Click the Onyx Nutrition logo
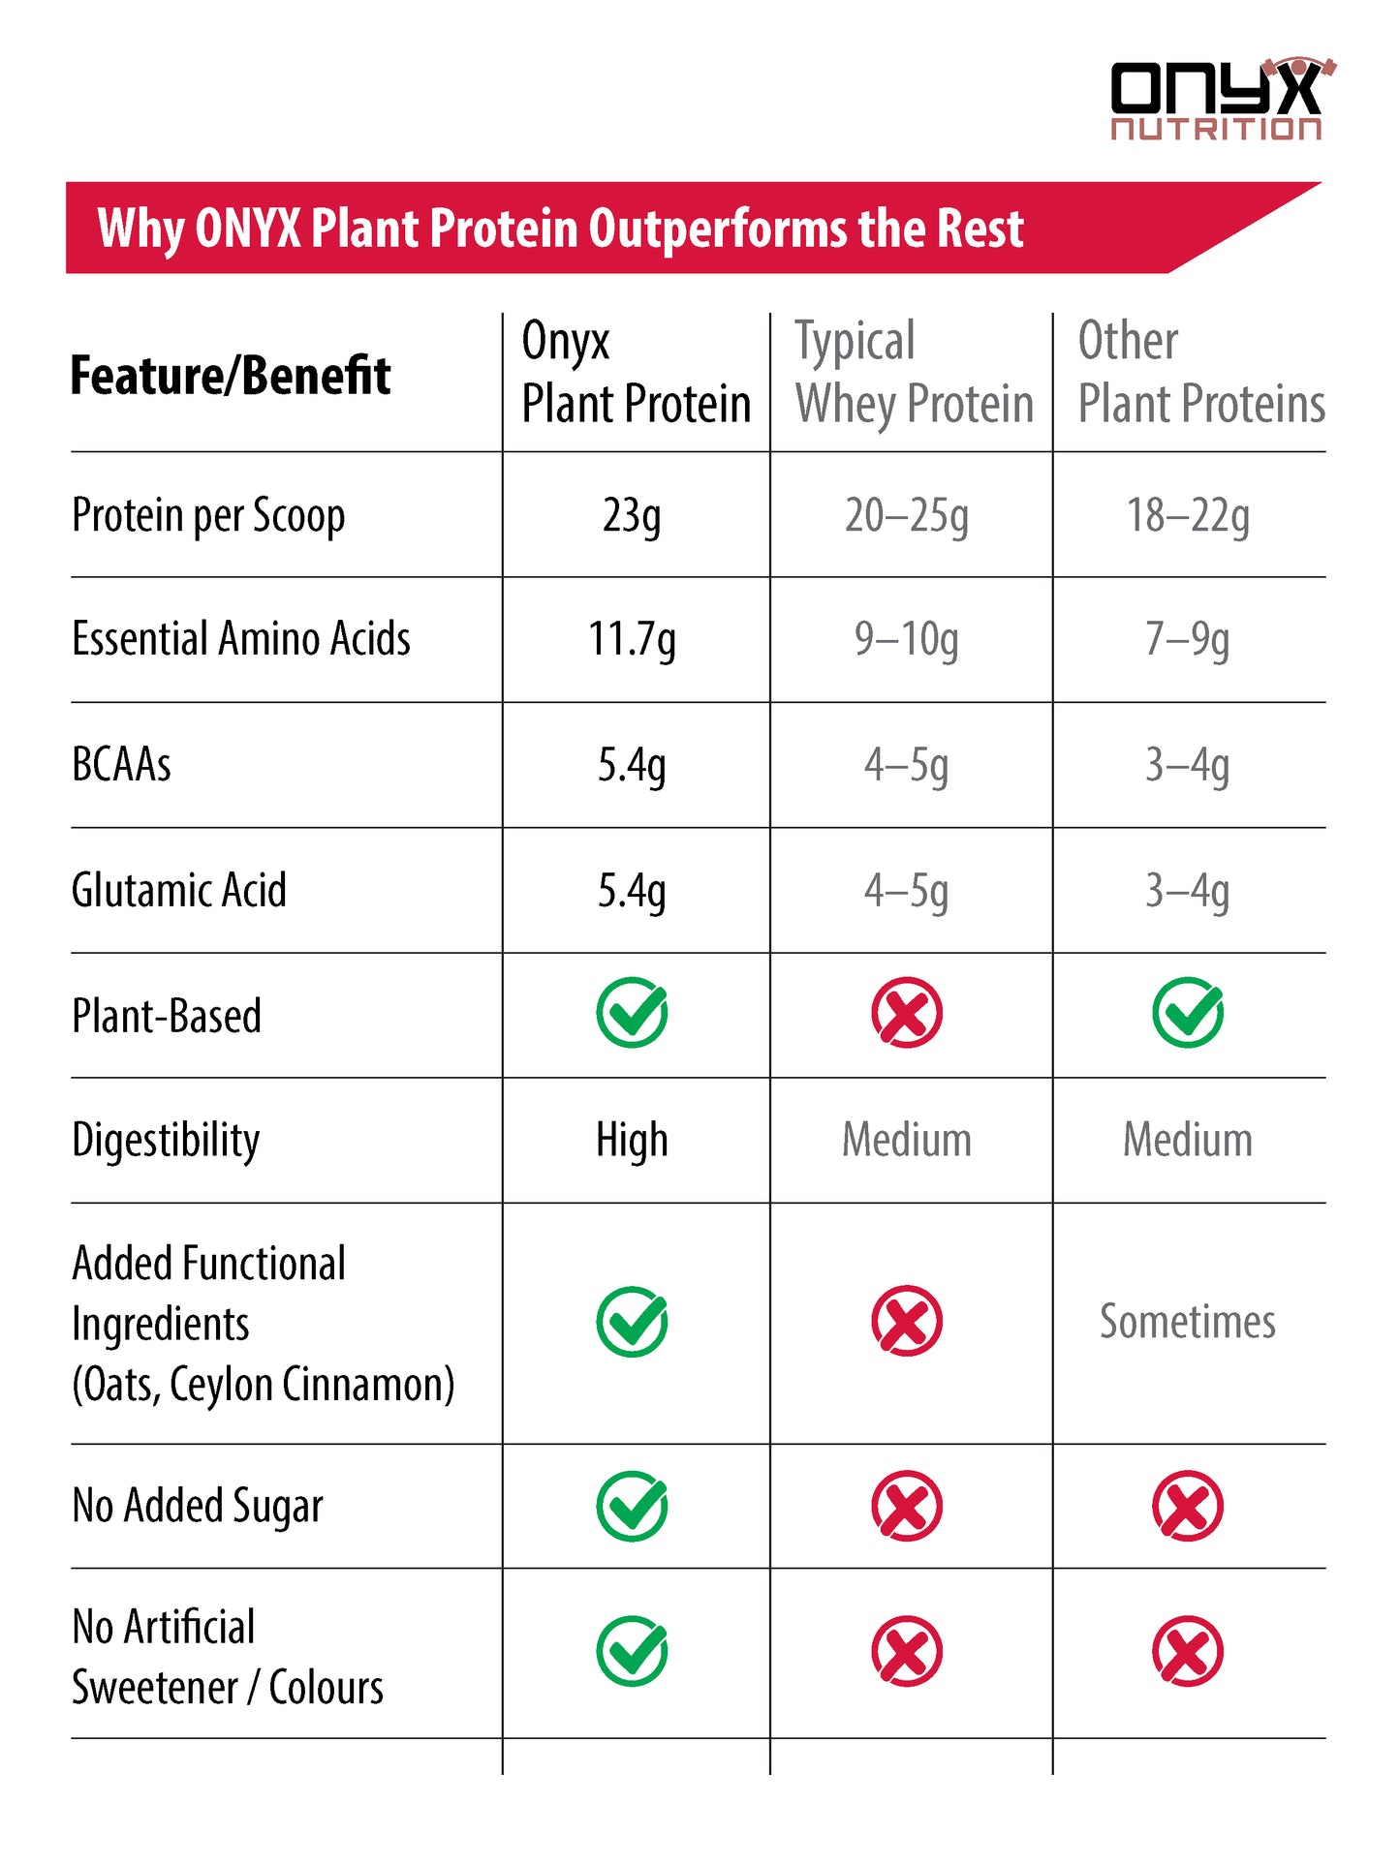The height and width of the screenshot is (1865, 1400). click(1220, 100)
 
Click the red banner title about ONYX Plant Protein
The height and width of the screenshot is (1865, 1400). click(560, 229)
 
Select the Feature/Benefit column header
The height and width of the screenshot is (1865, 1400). click(231, 376)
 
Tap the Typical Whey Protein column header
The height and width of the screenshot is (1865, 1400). click(914, 373)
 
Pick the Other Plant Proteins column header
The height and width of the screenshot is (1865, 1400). click(1200, 373)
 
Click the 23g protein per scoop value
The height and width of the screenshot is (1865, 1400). click(632, 515)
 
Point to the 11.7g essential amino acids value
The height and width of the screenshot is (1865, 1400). click(632, 640)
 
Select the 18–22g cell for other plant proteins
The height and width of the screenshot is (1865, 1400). click(1188, 515)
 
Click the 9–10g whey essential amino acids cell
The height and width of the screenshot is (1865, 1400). click(906, 640)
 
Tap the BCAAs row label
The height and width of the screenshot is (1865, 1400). click(122, 765)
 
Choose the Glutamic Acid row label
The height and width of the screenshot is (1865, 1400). click(179, 890)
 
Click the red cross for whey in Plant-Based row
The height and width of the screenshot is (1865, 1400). click(906, 1013)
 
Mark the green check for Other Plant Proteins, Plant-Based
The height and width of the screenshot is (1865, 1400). click(1188, 1013)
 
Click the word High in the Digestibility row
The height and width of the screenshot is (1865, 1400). click(632, 1140)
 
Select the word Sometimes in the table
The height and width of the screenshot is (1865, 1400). click(1188, 1322)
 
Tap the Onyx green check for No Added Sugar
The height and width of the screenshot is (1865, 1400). click(632, 1506)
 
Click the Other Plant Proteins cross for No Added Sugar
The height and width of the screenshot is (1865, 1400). click(1188, 1506)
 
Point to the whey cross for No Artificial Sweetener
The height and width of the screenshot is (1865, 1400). click(906, 1651)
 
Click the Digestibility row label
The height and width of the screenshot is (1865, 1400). click(166, 1140)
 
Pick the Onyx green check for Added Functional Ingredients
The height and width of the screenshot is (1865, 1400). click(632, 1322)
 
